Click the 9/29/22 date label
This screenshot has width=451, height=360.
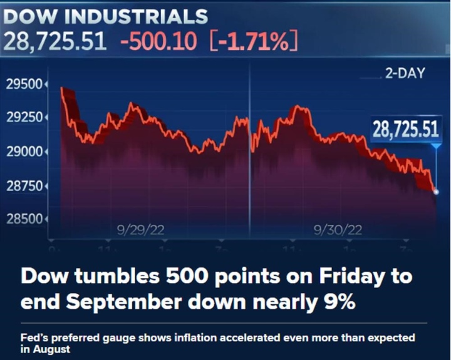(140, 230)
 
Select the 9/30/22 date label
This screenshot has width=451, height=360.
(338, 230)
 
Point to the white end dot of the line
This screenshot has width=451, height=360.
(436, 192)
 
